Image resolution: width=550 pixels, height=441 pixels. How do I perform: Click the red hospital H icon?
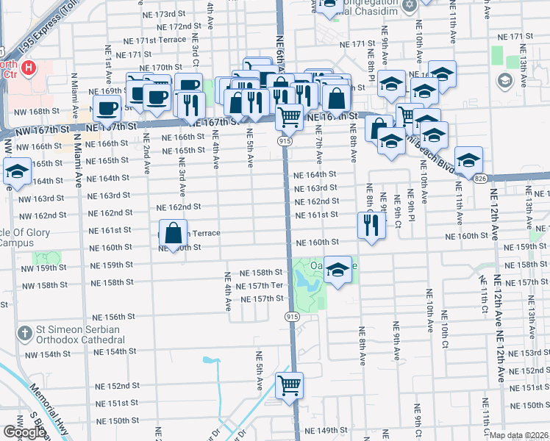(x=29, y=68)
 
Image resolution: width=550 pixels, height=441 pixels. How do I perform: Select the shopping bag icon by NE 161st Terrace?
(x=172, y=234)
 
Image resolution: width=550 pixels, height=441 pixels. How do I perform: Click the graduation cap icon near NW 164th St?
(x=17, y=173)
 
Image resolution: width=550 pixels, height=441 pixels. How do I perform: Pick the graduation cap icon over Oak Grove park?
(x=337, y=269)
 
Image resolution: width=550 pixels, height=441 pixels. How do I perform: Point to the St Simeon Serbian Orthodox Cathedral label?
(x=77, y=335)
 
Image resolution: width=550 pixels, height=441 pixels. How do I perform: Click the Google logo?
(x=24, y=432)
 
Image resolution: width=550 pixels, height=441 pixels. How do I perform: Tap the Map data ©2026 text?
(x=518, y=435)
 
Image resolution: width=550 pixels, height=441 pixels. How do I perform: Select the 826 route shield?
(x=480, y=179)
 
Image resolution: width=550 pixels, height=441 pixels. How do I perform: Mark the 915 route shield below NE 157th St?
(x=292, y=316)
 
